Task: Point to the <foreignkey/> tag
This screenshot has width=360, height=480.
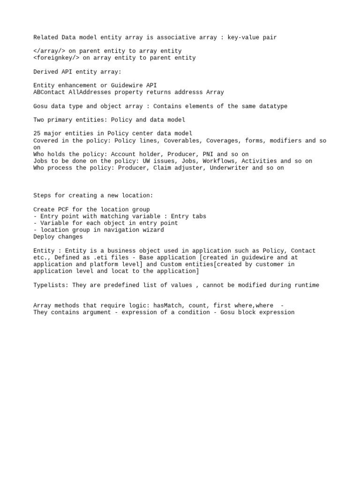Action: [56, 58]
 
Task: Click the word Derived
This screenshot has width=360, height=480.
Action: [45, 72]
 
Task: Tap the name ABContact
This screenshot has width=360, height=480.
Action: [49, 92]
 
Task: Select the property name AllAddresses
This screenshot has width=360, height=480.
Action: [90, 92]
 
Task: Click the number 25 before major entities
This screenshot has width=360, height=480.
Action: [37, 134]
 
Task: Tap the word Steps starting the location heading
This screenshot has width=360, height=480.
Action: [42, 195]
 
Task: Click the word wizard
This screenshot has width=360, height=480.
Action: [153, 230]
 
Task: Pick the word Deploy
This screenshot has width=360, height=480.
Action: [44, 237]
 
